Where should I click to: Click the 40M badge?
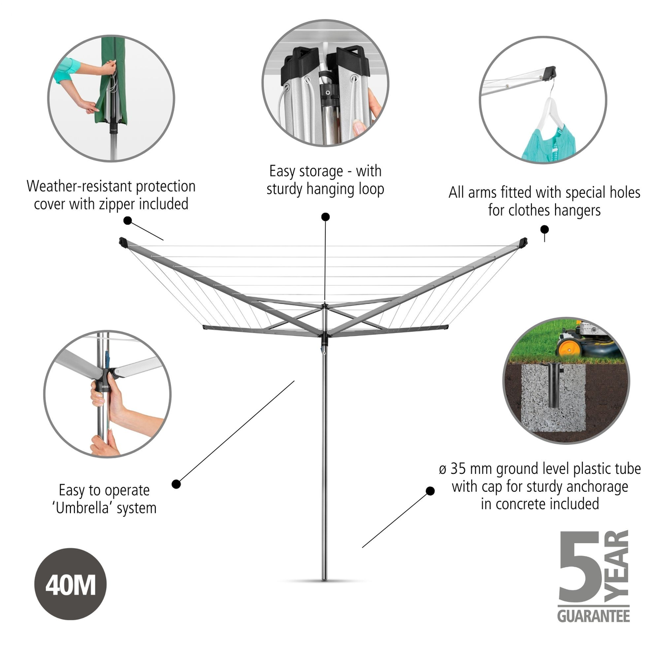(x=70, y=584)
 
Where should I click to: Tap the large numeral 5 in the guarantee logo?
(x=580, y=567)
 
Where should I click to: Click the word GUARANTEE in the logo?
(x=593, y=616)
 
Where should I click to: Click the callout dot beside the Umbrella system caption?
(x=177, y=484)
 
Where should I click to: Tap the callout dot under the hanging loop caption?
(x=325, y=217)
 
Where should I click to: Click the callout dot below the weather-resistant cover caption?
(x=127, y=221)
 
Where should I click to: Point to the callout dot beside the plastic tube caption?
(x=430, y=491)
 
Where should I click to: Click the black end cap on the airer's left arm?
(x=124, y=242)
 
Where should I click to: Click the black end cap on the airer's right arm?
(x=523, y=243)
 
